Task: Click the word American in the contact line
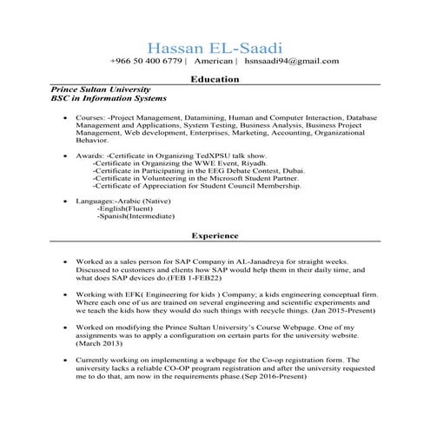coord(210,63)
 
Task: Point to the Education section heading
coord(215,79)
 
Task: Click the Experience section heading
coord(215,235)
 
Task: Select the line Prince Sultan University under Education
coord(102,89)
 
